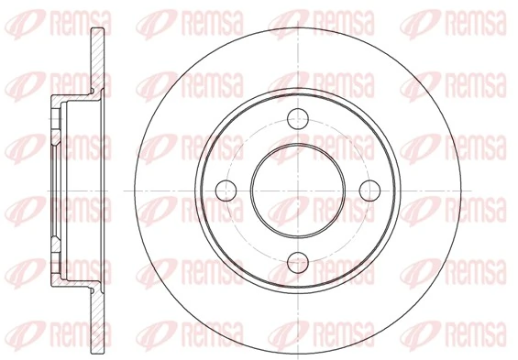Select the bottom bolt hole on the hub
point(296,264)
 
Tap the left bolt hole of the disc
point(223,190)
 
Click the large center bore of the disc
point(296,190)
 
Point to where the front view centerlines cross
point(296,190)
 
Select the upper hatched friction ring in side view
point(96,64)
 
